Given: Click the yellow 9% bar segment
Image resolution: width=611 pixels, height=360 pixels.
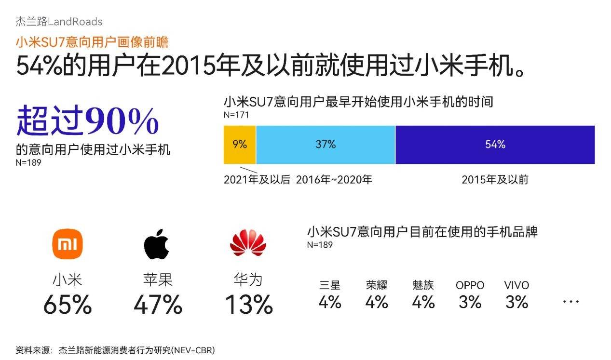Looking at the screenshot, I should pos(240,145).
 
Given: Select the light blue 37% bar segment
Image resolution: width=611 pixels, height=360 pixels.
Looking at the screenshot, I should pos(326,145).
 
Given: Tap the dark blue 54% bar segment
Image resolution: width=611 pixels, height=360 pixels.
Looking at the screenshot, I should pos(495,145).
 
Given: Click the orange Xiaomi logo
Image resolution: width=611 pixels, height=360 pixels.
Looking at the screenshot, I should pos(68,244).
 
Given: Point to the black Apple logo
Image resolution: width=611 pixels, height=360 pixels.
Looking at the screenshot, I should pos(157,244).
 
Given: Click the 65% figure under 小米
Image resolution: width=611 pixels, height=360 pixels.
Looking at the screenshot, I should pos(68,305).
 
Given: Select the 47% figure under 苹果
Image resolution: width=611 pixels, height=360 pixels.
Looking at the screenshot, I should pos(158,305).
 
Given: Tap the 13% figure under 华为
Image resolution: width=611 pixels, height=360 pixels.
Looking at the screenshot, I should pos(249,305).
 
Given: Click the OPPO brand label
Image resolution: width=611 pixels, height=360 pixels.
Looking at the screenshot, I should pos(470,285).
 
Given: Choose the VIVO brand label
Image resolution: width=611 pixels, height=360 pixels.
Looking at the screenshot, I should pos(516,285).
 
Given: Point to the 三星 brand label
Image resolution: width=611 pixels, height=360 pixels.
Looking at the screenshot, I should pos(330,285).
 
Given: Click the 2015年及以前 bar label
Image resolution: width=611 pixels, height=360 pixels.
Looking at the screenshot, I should pos(495,180).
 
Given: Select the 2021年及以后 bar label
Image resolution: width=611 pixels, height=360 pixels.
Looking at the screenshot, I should pos(257,180).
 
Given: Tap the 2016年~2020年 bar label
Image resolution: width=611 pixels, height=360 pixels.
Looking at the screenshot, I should pos(334,180).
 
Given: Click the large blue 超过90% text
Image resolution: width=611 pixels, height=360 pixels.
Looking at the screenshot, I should pos(88,121).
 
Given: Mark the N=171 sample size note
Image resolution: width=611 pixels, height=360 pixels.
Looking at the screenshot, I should pos(236,115).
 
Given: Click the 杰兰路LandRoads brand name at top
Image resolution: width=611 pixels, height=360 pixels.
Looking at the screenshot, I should pos(59,22).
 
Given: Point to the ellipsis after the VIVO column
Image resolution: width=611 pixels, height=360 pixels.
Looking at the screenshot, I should pos(570,302).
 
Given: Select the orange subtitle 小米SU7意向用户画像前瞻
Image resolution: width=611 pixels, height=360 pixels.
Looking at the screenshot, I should pos(92,42).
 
